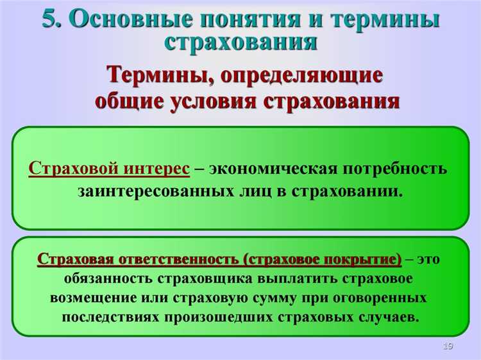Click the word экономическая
click(274, 169)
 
